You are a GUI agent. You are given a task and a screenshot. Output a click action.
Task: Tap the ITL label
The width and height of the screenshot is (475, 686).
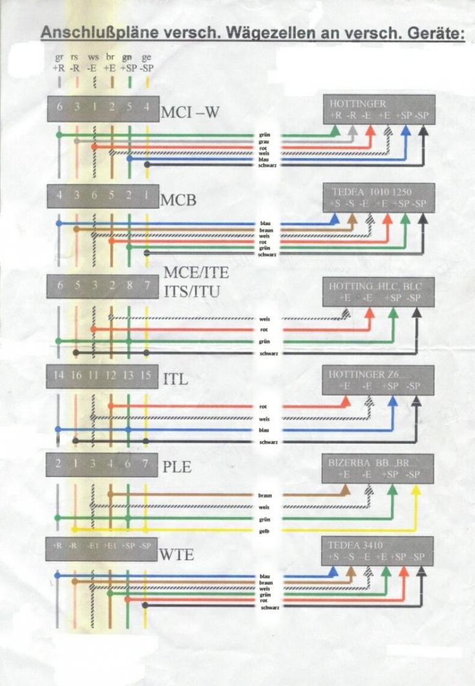tap(174, 379)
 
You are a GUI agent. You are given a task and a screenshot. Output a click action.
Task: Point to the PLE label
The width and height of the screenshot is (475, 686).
tap(176, 467)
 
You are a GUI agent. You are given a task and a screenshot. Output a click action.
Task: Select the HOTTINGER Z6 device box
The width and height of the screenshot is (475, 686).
tap(378, 380)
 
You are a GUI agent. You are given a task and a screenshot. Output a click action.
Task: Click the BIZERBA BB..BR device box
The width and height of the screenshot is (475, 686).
tap(378, 468)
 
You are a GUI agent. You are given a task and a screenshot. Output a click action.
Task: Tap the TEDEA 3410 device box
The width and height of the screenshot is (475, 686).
tap(378, 550)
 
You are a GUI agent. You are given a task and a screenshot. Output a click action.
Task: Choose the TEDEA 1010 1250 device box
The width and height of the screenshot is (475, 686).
tap(378, 198)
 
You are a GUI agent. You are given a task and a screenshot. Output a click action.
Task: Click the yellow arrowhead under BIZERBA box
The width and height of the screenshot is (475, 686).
tap(417, 490)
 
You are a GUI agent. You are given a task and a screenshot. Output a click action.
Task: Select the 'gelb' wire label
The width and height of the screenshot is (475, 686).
tap(264, 531)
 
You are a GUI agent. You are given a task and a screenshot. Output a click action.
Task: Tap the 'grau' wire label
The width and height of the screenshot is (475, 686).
tap(264, 141)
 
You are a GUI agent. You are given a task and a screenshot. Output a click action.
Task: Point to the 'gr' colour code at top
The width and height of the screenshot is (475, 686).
tap(59, 57)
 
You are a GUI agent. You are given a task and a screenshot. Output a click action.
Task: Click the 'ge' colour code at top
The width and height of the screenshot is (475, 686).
tap(147, 57)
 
